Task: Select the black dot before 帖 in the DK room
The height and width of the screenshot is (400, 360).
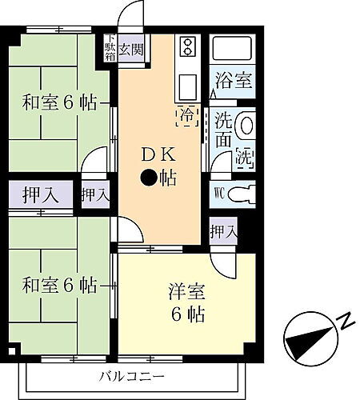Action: [x=149, y=177]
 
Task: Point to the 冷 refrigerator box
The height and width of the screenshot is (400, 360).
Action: [x=186, y=115]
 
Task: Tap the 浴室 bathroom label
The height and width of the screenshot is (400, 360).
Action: [x=234, y=81]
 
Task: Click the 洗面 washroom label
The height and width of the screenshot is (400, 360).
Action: [x=224, y=130]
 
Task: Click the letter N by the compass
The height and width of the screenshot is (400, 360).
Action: [x=346, y=322]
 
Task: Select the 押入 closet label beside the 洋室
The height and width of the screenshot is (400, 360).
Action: [x=223, y=231]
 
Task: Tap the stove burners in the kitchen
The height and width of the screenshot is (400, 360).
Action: [x=187, y=46]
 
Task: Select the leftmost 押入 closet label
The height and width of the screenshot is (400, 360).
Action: [x=34, y=194]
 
